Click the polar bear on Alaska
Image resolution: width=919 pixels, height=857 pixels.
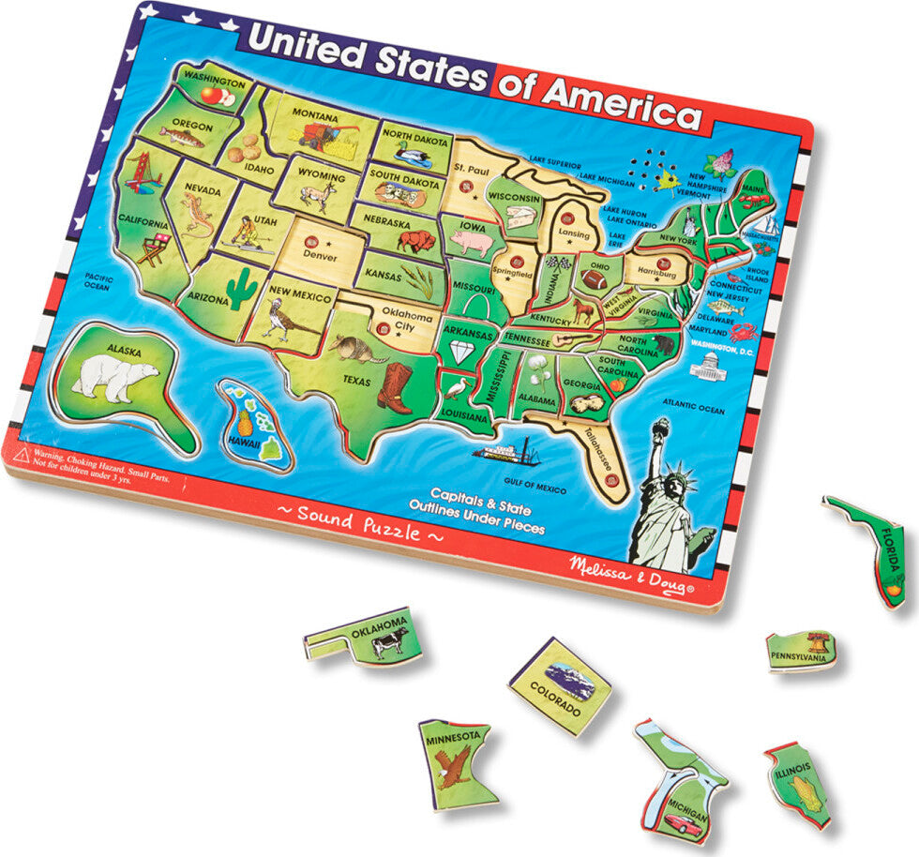(115, 376)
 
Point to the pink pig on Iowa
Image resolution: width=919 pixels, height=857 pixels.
(470, 242)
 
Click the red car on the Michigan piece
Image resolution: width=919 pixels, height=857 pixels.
(685, 823)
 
